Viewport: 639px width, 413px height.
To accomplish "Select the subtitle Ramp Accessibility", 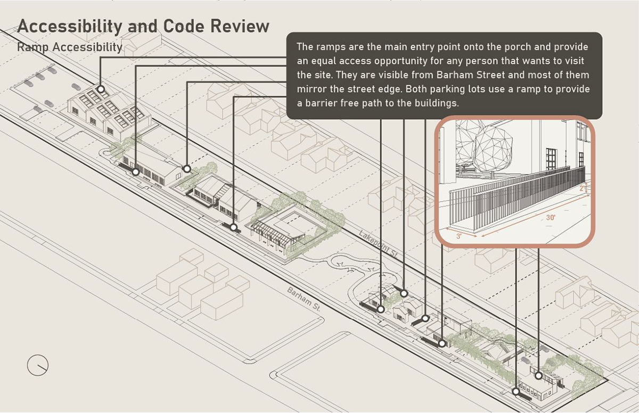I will coord(70,47).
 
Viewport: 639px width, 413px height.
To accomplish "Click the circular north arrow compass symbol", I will coord(38,365).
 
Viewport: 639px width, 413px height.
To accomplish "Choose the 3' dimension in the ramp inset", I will coord(459,236).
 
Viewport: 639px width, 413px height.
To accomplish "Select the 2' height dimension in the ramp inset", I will coord(584,188).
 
